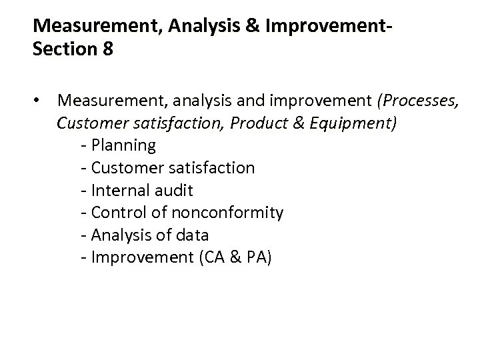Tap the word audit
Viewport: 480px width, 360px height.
(173, 190)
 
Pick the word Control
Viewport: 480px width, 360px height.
(115, 213)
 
